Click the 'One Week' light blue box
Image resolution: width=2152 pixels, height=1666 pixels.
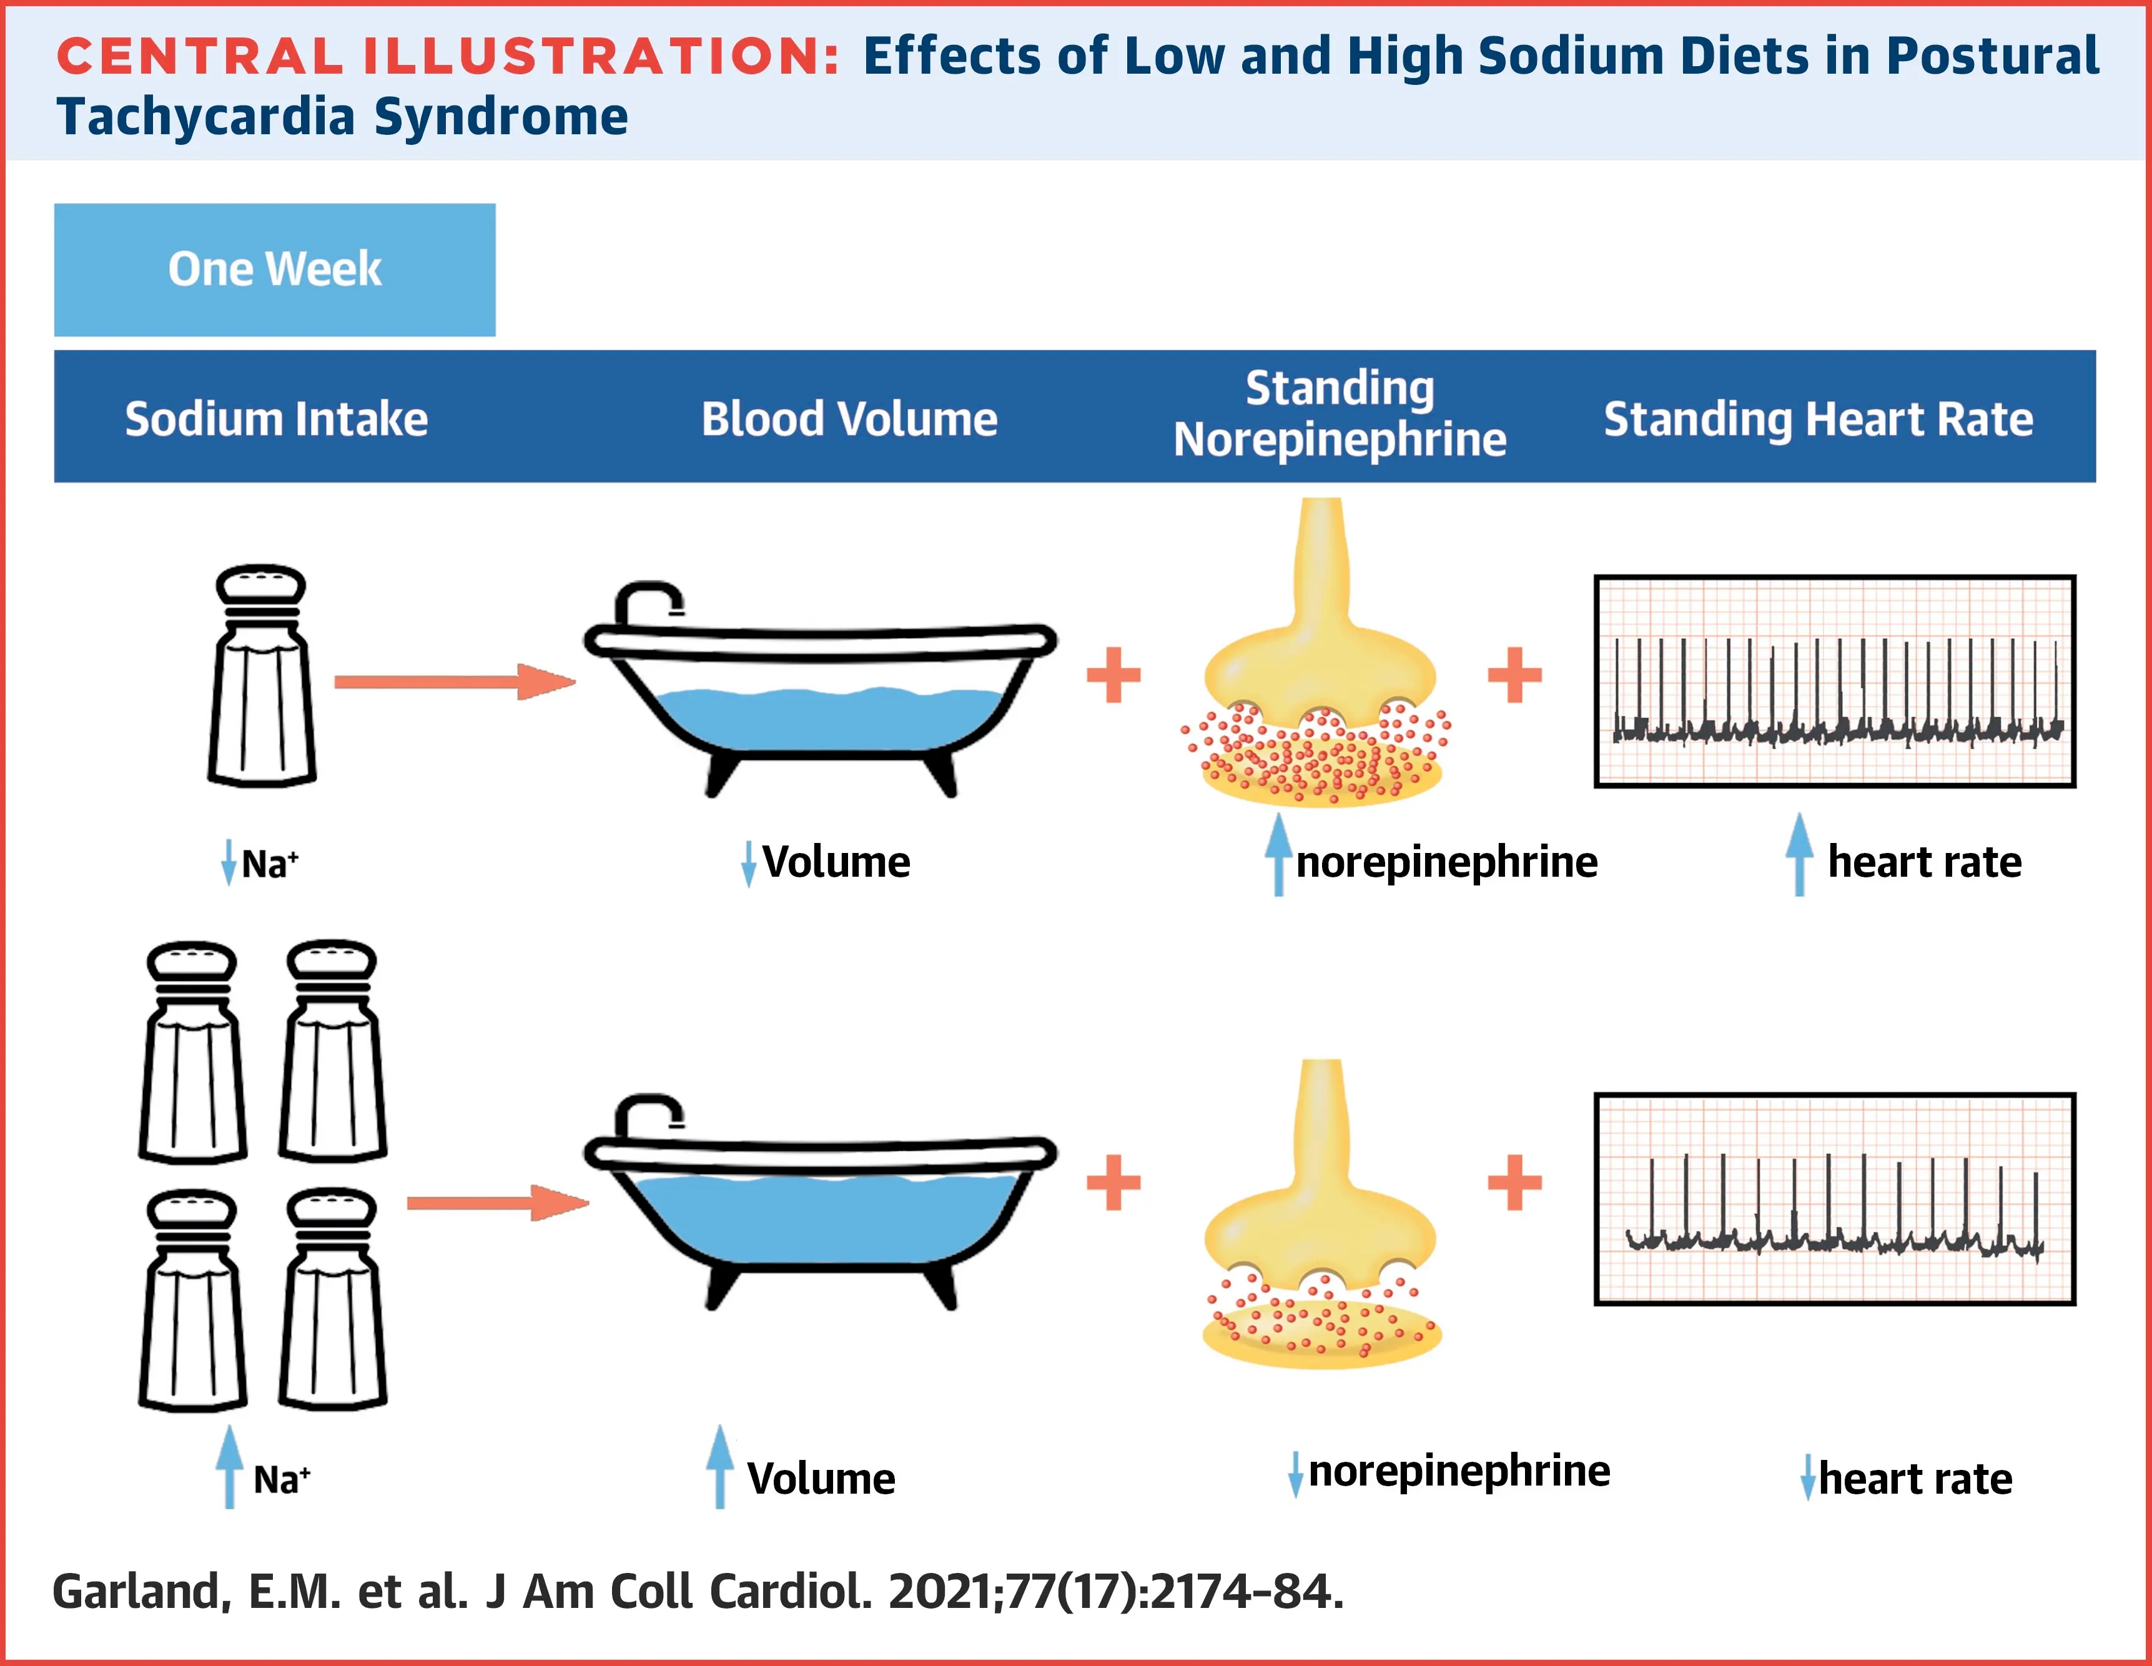click(x=274, y=269)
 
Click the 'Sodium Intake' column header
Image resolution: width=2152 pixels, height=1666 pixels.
click(x=276, y=419)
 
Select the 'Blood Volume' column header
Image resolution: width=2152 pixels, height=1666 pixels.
click(x=849, y=419)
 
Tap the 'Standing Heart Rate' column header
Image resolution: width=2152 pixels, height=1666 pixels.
click(x=1818, y=419)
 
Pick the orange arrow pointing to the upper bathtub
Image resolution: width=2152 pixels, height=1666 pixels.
click(x=453, y=682)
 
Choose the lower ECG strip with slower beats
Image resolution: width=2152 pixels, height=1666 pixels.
click(x=1835, y=1199)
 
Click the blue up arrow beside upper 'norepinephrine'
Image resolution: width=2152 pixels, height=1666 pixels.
click(x=1278, y=854)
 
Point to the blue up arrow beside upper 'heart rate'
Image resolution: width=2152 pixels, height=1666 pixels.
click(x=1799, y=854)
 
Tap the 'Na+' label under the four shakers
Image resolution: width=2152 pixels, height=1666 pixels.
click(x=282, y=1479)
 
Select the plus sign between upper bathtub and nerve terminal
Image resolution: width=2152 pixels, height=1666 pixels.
click(x=1113, y=675)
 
